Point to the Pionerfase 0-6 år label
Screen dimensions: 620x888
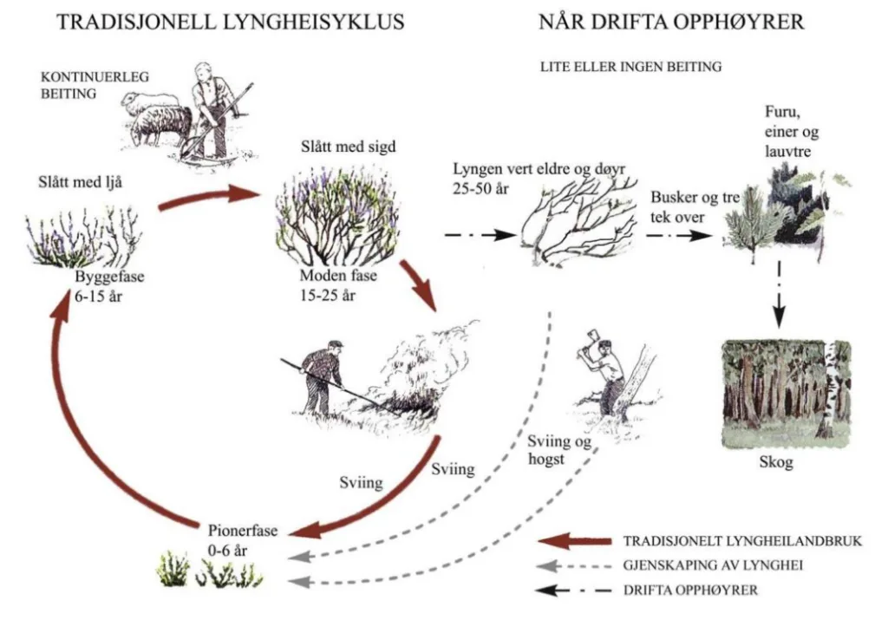click(243, 538)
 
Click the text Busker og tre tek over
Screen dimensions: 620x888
click(695, 206)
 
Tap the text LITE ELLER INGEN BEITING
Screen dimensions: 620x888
click(630, 66)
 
